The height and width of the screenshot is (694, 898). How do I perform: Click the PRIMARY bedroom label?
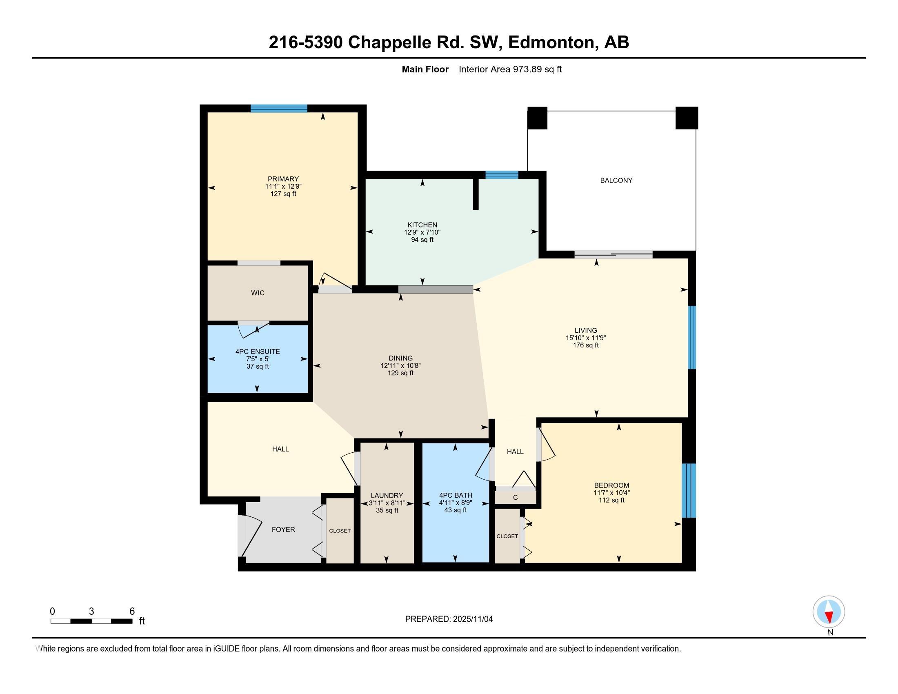coord(283,179)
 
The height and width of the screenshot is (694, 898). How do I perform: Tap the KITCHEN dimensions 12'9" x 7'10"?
coord(422,232)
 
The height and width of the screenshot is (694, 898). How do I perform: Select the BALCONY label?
coord(616,180)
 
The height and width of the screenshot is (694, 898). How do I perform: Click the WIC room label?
coord(258,293)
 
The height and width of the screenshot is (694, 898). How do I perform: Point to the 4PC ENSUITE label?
coord(258,351)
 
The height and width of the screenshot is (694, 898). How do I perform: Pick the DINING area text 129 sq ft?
coord(400,373)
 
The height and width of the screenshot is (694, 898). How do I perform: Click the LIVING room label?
coord(585,330)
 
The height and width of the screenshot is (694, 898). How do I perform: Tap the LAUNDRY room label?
coord(387,496)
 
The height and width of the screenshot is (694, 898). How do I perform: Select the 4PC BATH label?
coord(456,496)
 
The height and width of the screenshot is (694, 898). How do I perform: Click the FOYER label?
coord(283,529)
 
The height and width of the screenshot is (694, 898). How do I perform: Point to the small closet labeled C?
coord(515,498)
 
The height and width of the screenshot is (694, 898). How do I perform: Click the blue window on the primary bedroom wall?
coord(279,109)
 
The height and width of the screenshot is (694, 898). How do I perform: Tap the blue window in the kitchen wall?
coord(502,175)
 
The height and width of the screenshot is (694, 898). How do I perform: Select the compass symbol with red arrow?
coord(829,612)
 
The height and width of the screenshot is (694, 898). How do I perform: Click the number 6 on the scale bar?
coord(132,611)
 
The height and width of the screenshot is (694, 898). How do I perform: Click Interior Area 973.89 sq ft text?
coord(510,69)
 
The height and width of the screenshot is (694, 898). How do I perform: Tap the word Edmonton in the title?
coord(552,42)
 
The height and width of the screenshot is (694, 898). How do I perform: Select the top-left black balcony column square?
coord(537,118)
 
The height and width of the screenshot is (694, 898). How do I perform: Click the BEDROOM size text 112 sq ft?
coord(611,500)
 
